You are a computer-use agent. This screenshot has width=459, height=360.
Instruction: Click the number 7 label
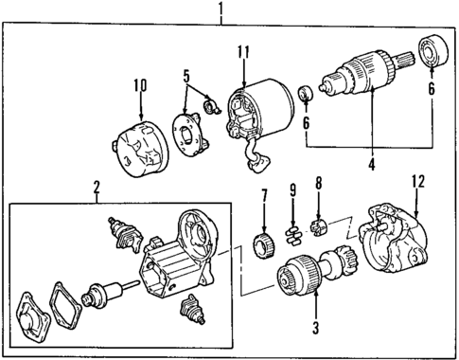(264, 196)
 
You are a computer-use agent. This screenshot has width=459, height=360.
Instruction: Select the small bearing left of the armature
(306, 95)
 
